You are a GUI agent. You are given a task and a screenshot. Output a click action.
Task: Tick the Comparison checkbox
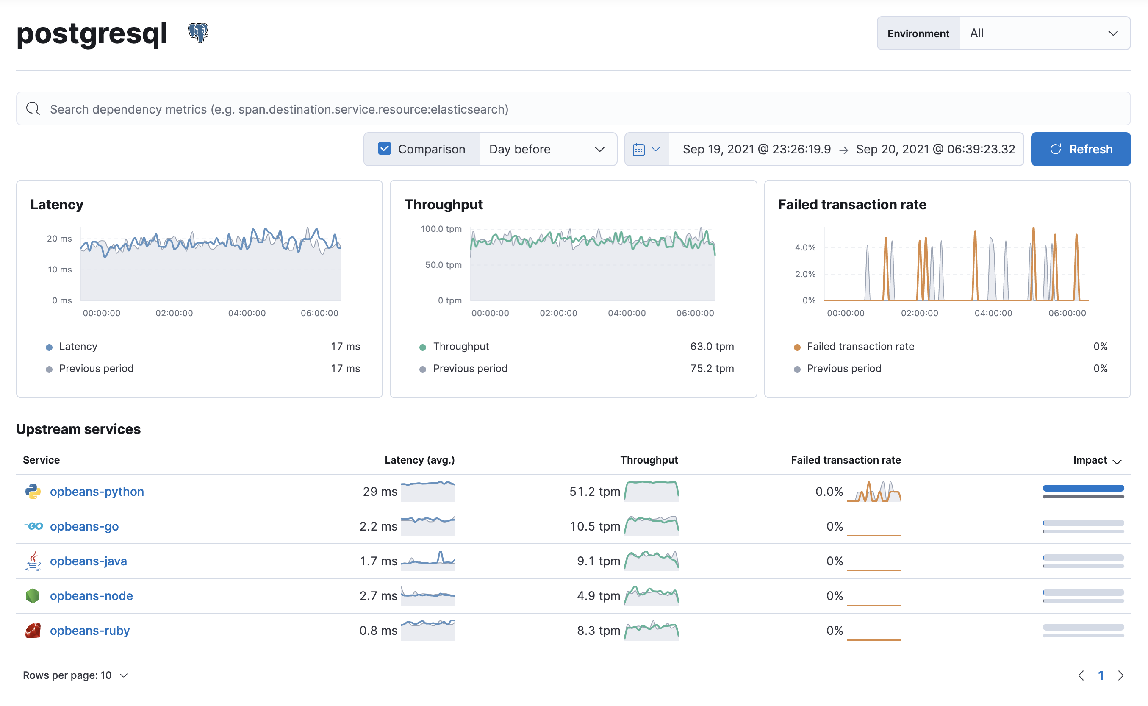(x=385, y=148)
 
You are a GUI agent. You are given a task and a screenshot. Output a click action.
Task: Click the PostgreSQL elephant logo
(x=198, y=33)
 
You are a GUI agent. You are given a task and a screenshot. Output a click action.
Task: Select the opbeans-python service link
(x=97, y=491)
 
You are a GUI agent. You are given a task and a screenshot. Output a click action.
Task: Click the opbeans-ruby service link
(x=90, y=631)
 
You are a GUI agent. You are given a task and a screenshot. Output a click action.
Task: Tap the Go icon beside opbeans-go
(x=33, y=526)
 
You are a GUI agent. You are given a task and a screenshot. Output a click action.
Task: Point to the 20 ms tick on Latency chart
(x=59, y=239)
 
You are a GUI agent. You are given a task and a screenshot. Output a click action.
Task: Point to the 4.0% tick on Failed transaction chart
(x=805, y=247)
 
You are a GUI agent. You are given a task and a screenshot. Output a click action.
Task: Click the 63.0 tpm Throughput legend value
(x=712, y=347)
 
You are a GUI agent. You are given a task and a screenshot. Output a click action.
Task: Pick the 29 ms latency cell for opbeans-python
(x=380, y=491)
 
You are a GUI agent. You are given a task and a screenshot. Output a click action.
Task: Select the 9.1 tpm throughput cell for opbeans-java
(x=598, y=561)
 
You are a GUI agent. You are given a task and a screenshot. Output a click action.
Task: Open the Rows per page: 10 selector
(x=75, y=675)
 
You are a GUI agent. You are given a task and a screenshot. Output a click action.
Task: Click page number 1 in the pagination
(x=1101, y=675)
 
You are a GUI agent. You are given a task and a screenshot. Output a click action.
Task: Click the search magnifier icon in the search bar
(x=33, y=109)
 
